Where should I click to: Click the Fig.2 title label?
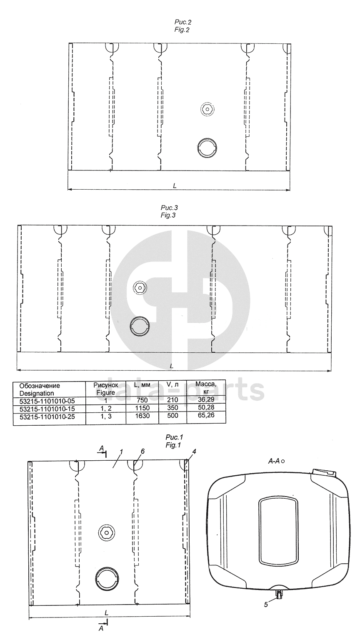coord(182,26)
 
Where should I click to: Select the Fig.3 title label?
coord(168,211)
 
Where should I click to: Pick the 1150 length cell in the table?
coord(142,408)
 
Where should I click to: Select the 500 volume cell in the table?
coord(172,415)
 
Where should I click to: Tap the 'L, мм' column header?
coord(142,385)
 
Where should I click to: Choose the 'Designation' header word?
coord(37,394)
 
